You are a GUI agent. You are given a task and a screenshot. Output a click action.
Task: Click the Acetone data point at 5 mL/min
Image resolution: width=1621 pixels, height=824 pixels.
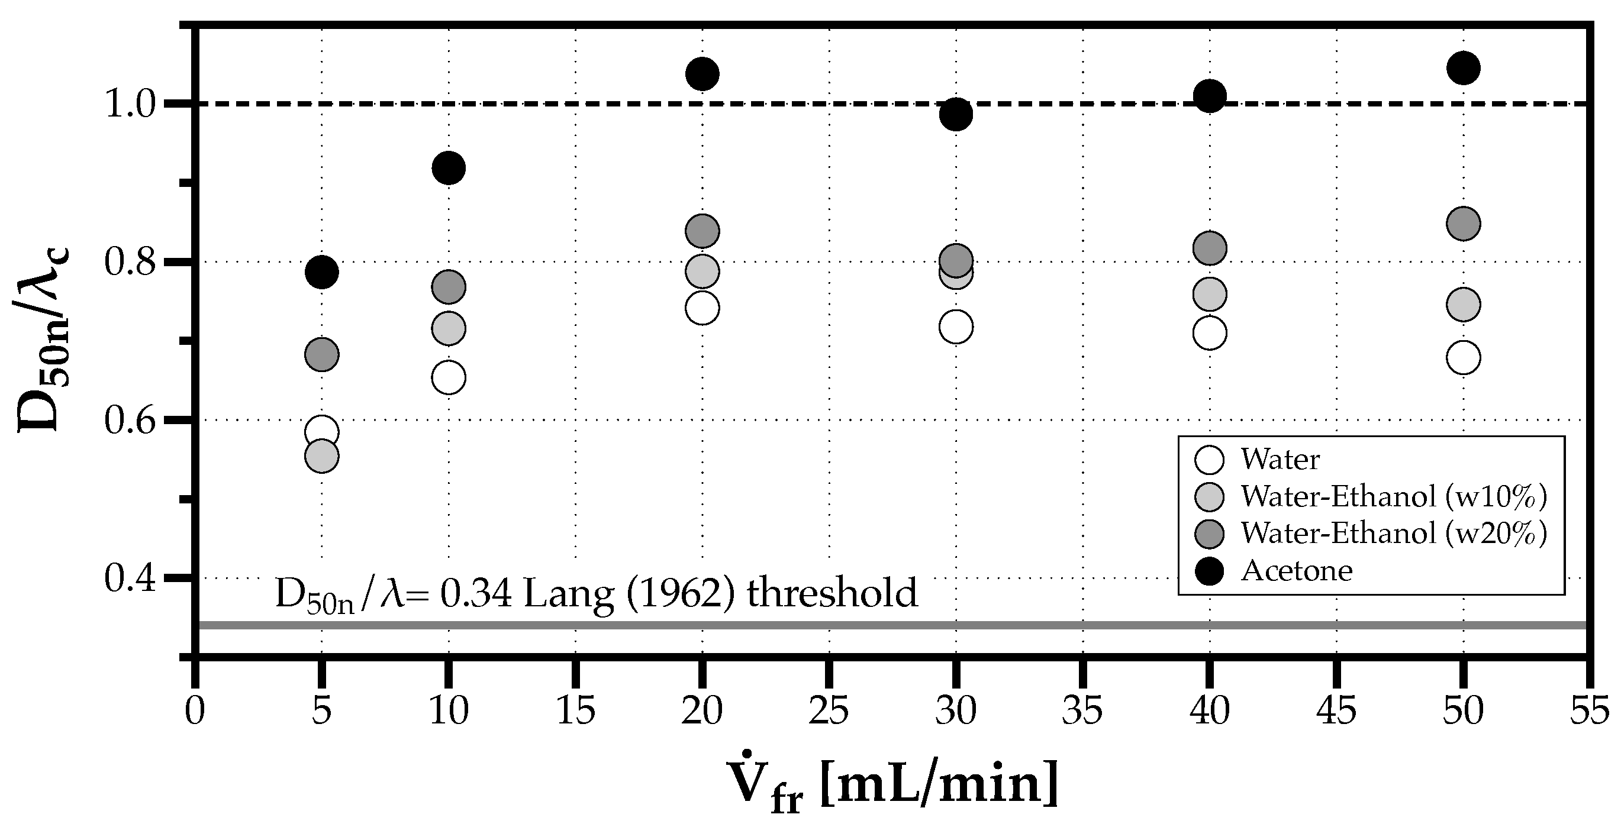coord(321,272)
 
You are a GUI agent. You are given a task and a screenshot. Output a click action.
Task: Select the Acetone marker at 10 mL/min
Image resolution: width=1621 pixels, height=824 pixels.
coord(449,168)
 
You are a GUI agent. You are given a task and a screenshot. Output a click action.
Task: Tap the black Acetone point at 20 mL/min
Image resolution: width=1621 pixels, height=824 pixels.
coord(702,74)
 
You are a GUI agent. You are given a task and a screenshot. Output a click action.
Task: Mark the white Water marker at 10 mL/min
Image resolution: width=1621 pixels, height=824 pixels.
coord(449,378)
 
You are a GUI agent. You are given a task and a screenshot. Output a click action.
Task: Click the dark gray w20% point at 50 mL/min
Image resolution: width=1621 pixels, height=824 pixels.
coord(1463,224)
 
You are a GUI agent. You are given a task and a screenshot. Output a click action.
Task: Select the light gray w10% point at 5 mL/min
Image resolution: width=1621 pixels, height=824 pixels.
coord(321,456)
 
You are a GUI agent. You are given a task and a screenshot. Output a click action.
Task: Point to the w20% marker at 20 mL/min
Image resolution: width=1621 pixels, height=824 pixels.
coord(702,231)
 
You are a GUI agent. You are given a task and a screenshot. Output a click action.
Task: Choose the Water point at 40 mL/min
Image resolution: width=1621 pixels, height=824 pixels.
coord(1210,334)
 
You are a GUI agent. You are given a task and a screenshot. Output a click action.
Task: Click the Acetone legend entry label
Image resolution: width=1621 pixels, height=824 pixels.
coord(1296,570)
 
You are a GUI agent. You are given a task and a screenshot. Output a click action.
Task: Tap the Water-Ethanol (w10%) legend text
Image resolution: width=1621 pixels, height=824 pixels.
coord(1393,496)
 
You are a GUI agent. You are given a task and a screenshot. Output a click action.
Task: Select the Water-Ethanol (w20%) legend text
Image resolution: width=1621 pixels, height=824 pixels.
coord(1393,534)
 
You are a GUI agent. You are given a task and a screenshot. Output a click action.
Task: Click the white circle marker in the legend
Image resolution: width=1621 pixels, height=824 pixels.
coord(1209,460)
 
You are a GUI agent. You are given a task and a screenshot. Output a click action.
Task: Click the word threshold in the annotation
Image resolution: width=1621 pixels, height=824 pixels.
coord(832,593)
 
